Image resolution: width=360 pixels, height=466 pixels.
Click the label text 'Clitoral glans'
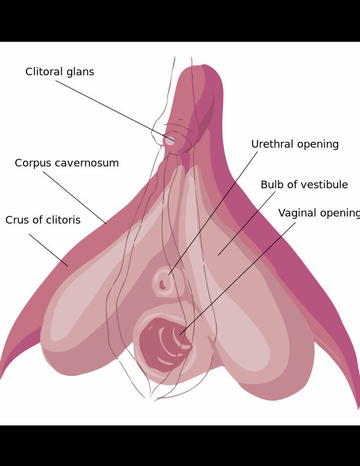point(59,72)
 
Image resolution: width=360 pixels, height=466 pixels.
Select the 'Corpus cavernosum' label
point(66,164)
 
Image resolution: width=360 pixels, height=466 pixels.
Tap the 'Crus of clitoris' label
point(43,221)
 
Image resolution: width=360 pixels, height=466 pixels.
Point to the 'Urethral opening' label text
point(295,145)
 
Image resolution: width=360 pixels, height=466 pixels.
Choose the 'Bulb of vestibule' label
point(304,185)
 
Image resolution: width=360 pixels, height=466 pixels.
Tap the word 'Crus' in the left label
point(16,221)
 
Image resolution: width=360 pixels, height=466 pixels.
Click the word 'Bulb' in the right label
point(272,185)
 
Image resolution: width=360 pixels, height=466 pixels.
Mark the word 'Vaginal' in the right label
point(297,214)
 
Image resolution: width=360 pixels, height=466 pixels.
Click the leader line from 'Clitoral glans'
point(115,110)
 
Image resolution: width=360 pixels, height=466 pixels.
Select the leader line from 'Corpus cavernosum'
point(75,198)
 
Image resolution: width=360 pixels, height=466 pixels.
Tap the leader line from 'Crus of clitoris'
point(48,250)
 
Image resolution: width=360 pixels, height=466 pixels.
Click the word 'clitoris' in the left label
point(63,221)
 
